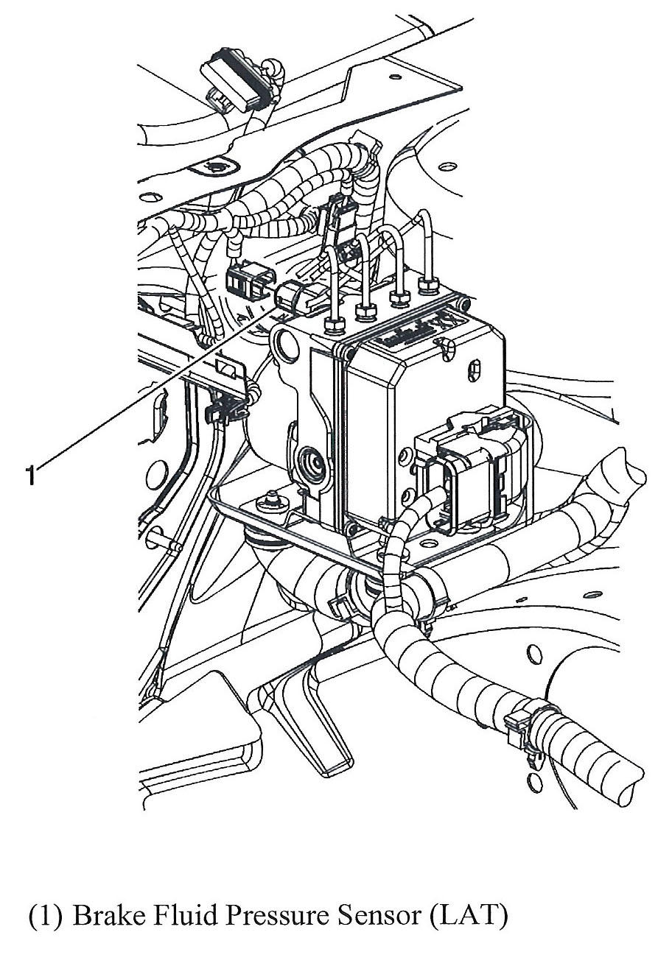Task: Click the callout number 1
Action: point(30,474)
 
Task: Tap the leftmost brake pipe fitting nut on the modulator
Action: point(335,325)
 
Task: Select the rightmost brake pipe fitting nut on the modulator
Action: point(428,286)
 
